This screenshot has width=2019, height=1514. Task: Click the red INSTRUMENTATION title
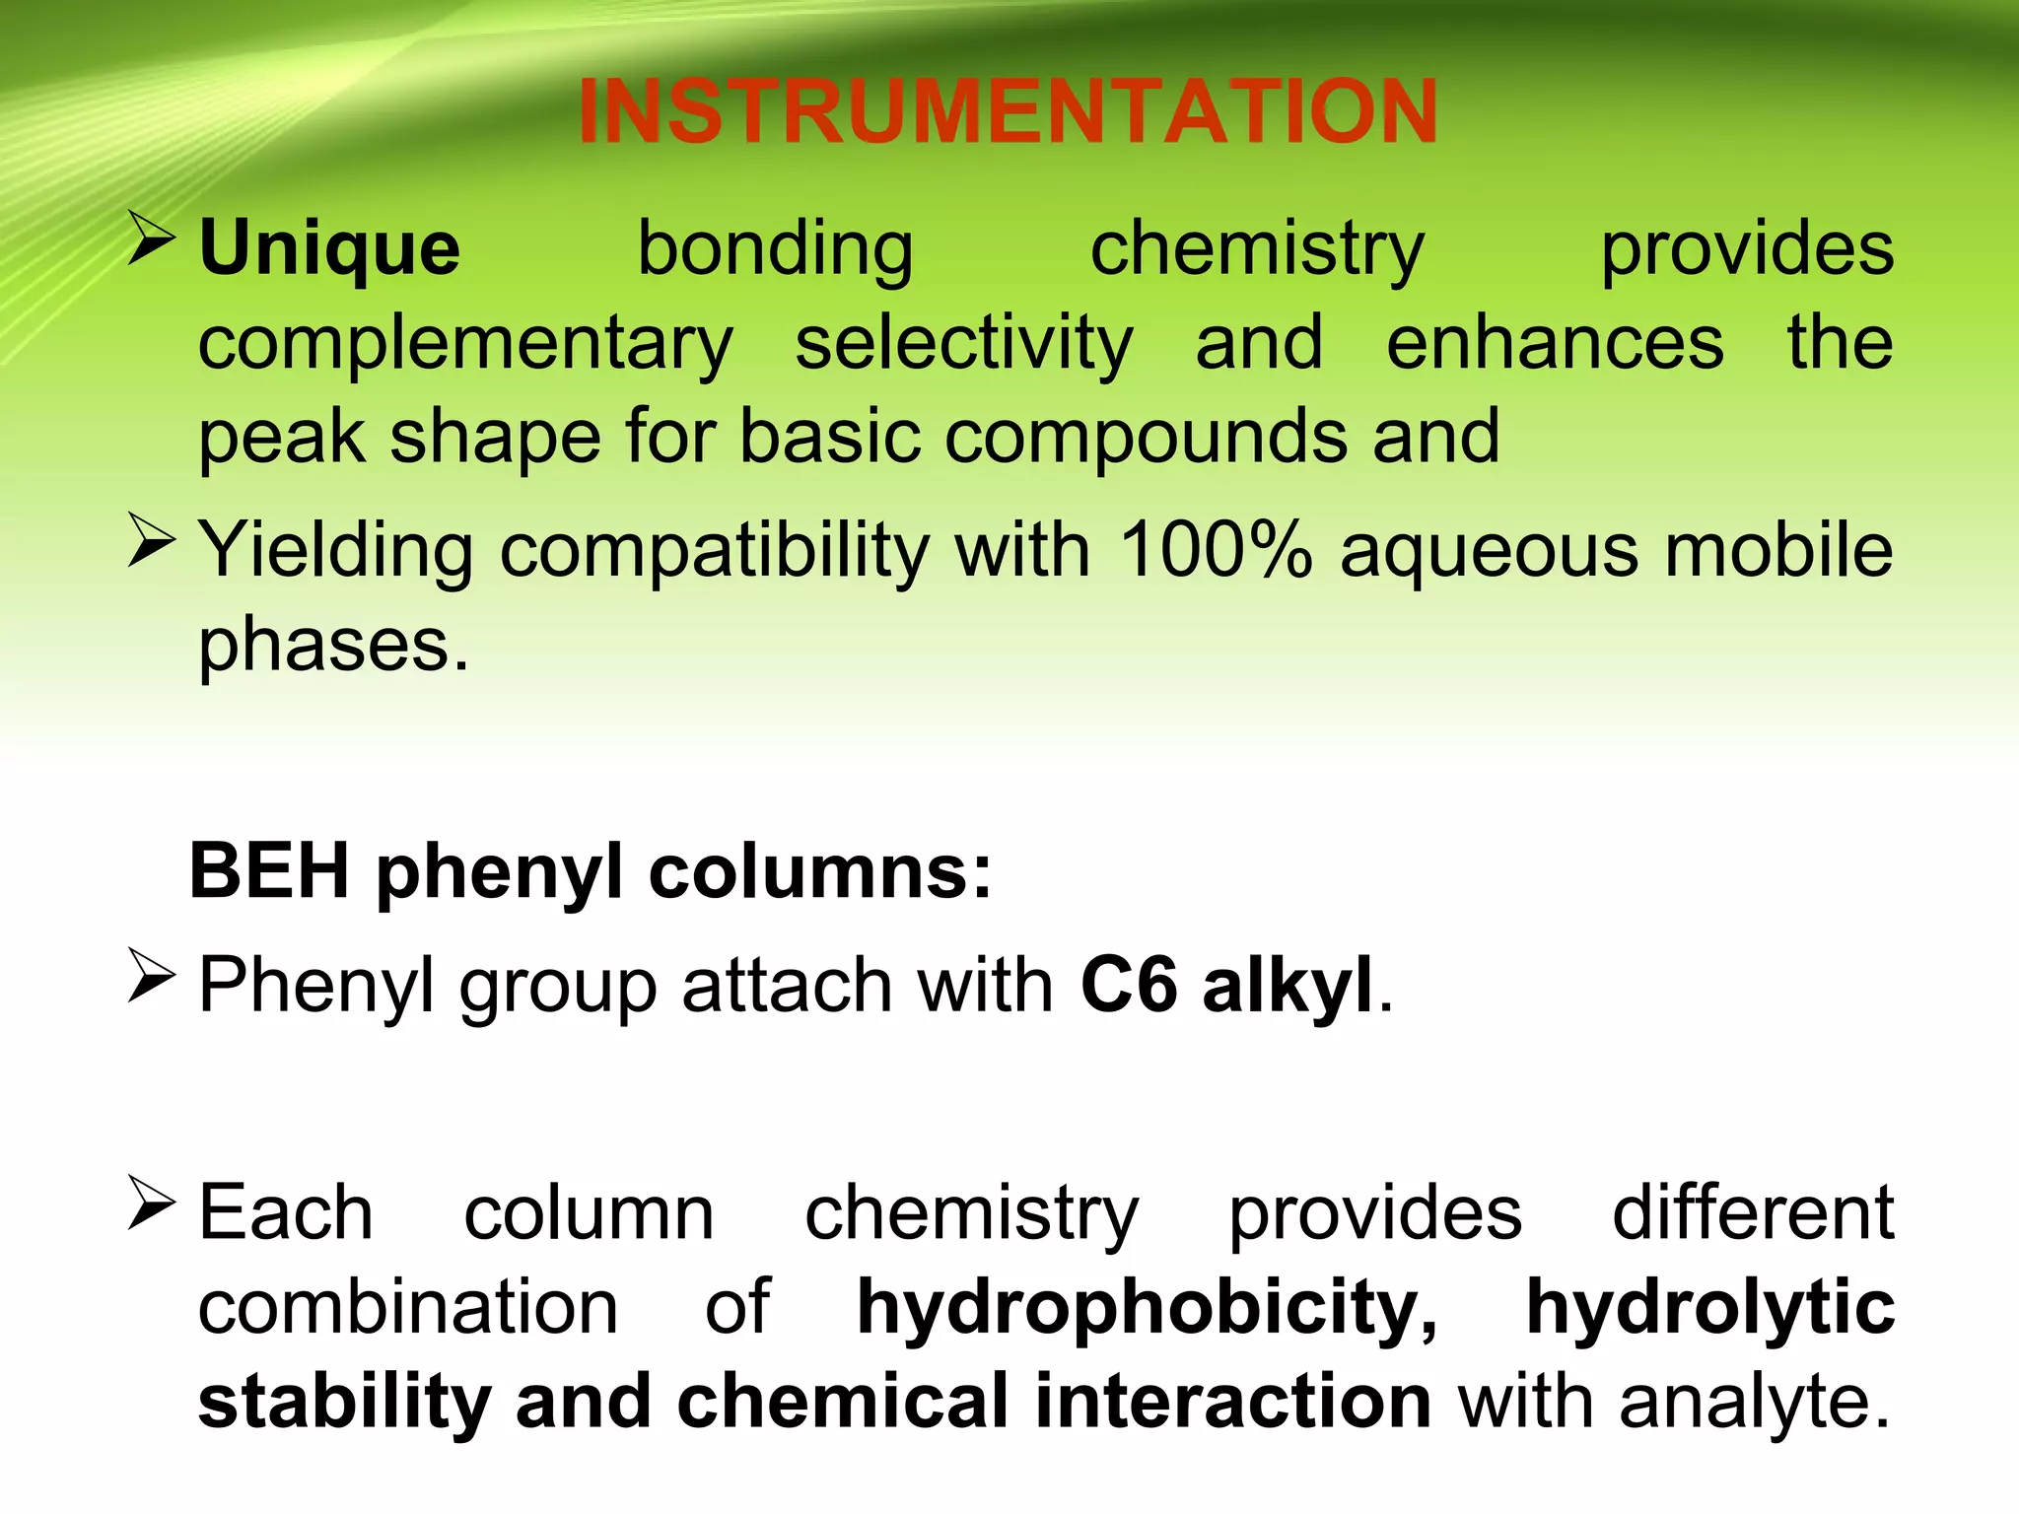(1008, 110)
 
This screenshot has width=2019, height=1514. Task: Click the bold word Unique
(329, 248)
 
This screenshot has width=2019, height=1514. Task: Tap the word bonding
(775, 248)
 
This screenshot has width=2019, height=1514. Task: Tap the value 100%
(1216, 549)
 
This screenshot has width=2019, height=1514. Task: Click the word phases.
(333, 646)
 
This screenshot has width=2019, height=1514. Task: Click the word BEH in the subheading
(269, 871)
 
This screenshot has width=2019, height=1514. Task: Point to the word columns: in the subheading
(819, 871)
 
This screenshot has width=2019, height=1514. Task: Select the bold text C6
(1128, 985)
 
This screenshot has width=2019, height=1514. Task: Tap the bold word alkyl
(1287, 985)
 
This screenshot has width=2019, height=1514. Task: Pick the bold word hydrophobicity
(1147, 1307)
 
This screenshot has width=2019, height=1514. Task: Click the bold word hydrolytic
(1709, 1307)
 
